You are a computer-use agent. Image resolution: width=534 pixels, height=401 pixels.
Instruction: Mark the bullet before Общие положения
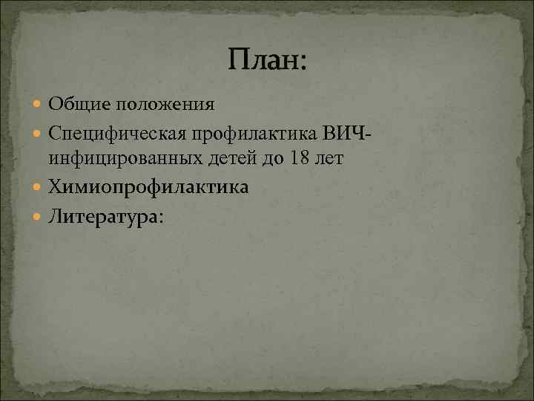pos(39,104)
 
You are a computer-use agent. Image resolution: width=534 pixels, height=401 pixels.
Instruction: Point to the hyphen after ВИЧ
pos(369,134)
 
